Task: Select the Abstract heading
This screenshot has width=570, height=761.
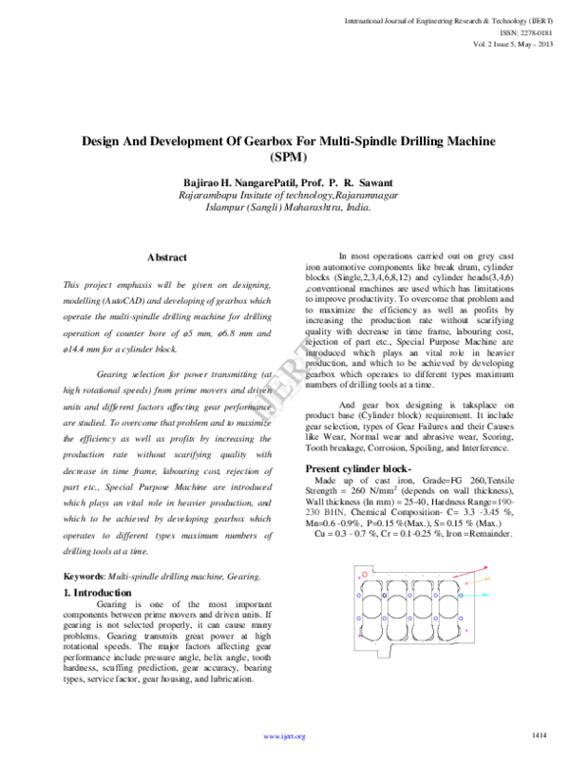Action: point(167,257)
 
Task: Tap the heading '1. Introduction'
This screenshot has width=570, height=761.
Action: point(97,593)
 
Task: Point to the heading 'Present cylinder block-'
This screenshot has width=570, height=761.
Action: point(357,470)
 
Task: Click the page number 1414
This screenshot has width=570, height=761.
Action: point(540,735)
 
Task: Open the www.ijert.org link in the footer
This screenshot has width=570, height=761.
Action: point(284,736)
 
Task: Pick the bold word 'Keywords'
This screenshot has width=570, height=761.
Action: point(83,577)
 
